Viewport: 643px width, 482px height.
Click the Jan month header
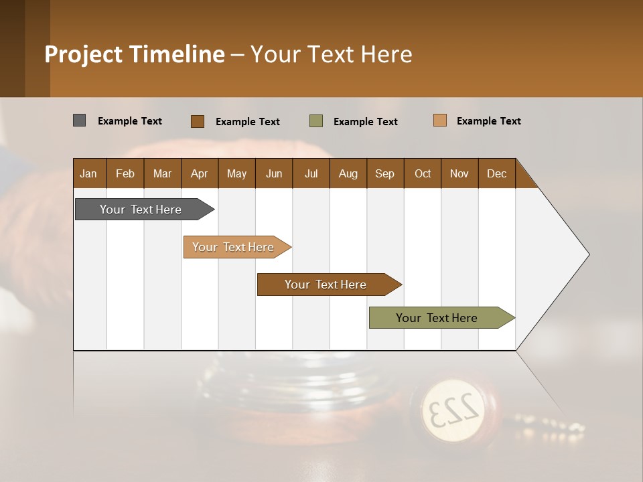pyautogui.click(x=88, y=173)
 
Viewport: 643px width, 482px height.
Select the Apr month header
pyautogui.click(x=199, y=173)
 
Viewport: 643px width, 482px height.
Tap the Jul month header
pyautogui.click(x=311, y=173)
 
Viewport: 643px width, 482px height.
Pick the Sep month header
pyautogui.click(x=384, y=173)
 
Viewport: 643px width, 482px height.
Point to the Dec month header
pyautogui.click(x=496, y=173)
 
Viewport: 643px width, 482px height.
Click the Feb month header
pyautogui.click(x=125, y=173)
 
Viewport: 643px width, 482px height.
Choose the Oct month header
pyautogui.click(x=422, y=173)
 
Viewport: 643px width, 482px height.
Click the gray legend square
pyautogui.click(x=79, y=120)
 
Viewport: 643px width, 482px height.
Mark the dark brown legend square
pyautogui.click(x=198, y=121)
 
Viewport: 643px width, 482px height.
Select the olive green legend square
pyautogui.click(x=316, y=121)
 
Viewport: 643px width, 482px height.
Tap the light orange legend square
pyautogui.click(x=439, y=120)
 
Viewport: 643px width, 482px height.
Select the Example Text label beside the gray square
pyautogui.click(x=130, y=121)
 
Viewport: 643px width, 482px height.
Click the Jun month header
pyautogui.click(x=273, y=173)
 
